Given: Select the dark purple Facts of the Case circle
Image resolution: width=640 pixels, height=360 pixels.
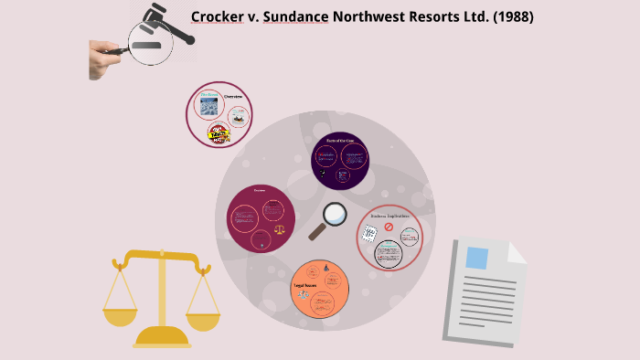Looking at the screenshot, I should tap(339, 159).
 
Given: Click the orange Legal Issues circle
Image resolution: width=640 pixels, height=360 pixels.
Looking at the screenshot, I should tap(320, 290).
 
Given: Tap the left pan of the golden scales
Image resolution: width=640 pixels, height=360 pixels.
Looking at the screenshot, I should tap(119, 317).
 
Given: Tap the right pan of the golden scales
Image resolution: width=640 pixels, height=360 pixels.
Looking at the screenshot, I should tap(202, 319).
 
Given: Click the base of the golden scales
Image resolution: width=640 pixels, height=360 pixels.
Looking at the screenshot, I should tap(162, 341).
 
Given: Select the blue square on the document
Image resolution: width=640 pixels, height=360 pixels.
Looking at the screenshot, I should tap(476, 258).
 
